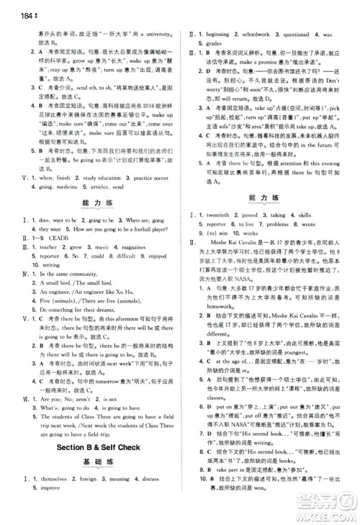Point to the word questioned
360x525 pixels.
click(x=310, y=33)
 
